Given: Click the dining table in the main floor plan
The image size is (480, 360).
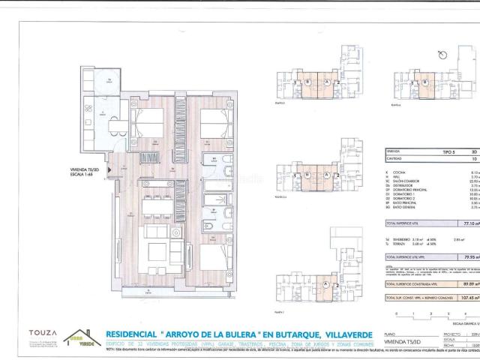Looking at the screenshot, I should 158,204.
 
